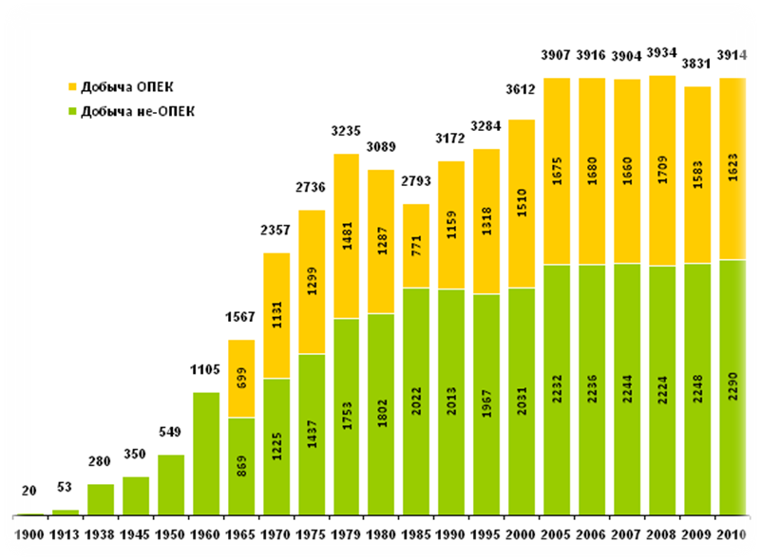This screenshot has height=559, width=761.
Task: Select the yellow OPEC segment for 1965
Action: (240, 378)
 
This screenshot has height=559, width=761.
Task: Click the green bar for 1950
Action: (171, 485)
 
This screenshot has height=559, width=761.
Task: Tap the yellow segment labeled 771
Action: (415, 246)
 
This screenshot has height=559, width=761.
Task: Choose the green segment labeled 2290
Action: (732, 386)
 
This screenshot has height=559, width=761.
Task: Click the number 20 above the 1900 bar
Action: (29, 493)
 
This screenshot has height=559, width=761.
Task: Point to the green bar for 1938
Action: (101, 499)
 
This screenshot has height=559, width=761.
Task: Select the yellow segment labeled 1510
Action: (521, 203)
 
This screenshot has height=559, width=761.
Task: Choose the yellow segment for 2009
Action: (696, 175)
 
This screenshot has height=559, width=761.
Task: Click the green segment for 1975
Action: (311, 435)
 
